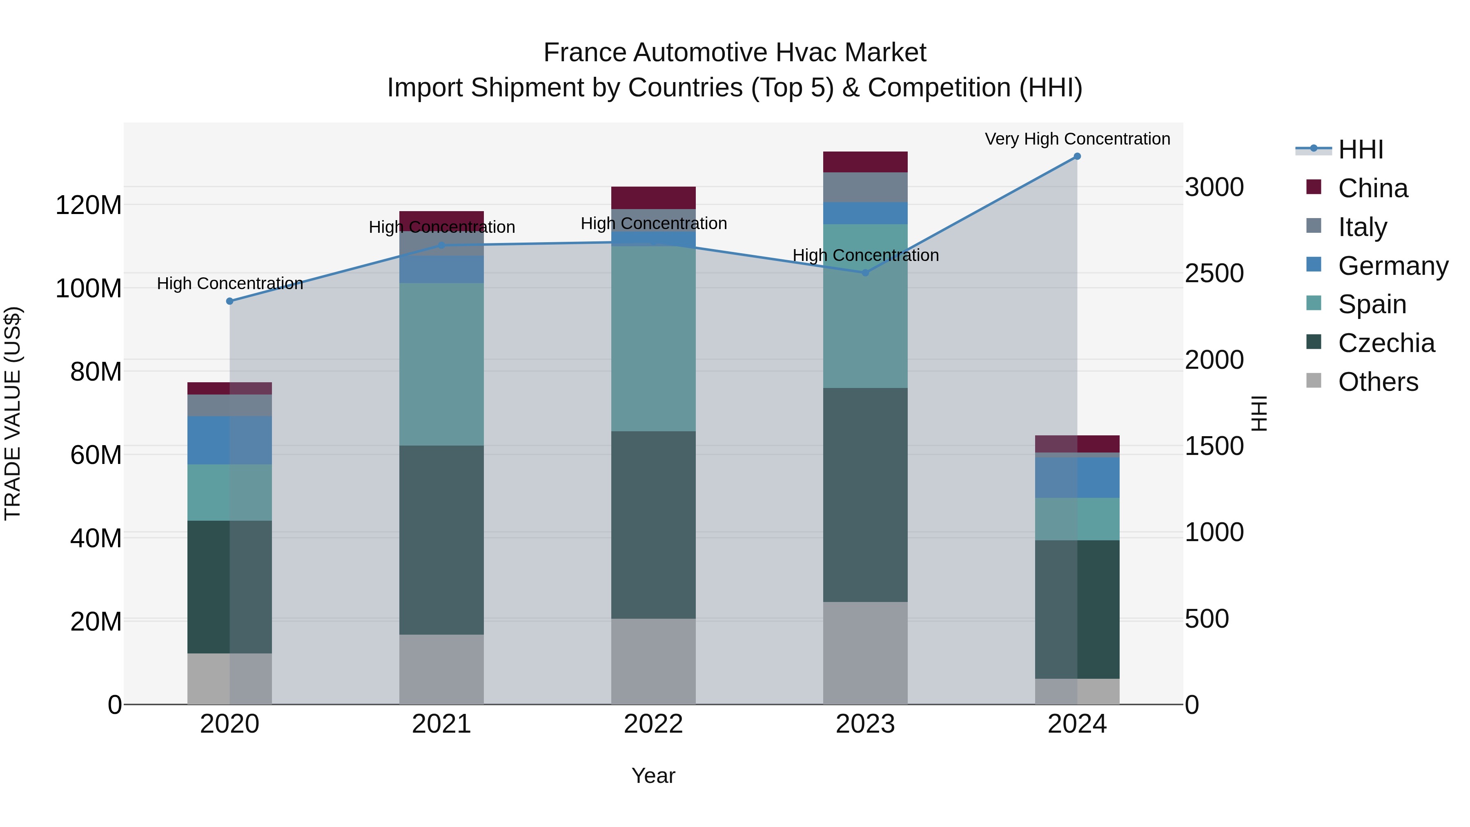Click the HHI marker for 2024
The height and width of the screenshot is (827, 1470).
coord(1077,156)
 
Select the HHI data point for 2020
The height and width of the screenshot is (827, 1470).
coord(230,301)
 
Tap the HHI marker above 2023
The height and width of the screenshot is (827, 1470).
coord(865,273)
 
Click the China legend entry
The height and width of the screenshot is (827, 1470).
coord(1372,188)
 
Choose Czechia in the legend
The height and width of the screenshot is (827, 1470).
coord(1385,343)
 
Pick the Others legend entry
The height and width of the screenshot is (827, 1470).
coord(1378,382)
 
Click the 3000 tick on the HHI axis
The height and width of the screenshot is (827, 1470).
coord(1214,187)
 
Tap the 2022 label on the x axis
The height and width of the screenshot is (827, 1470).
coord(653,724)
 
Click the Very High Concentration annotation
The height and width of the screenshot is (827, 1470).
coord(1077,139)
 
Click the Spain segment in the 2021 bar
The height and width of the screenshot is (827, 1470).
coord(441,364)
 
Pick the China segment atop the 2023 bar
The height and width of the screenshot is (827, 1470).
coord(865,162)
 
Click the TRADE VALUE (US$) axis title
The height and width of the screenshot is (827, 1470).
coord(13,413)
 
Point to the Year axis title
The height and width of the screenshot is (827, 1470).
coord(653,776)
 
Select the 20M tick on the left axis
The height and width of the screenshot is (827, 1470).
coord(96,622)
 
